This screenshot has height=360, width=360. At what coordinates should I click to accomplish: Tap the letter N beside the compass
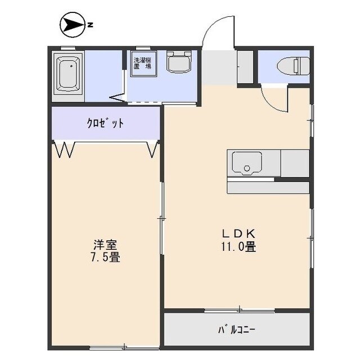[90, 24]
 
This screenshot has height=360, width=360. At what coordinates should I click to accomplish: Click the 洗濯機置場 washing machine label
[142, 62]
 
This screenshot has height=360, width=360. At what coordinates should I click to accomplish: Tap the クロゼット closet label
[105, 123]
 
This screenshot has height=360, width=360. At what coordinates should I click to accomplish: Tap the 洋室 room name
[105, 245]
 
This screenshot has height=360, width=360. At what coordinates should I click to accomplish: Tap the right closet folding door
[152, 150]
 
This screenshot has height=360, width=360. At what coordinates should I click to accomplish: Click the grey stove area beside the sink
[295, 164]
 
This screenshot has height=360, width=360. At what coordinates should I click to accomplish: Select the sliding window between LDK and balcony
[239, 310]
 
